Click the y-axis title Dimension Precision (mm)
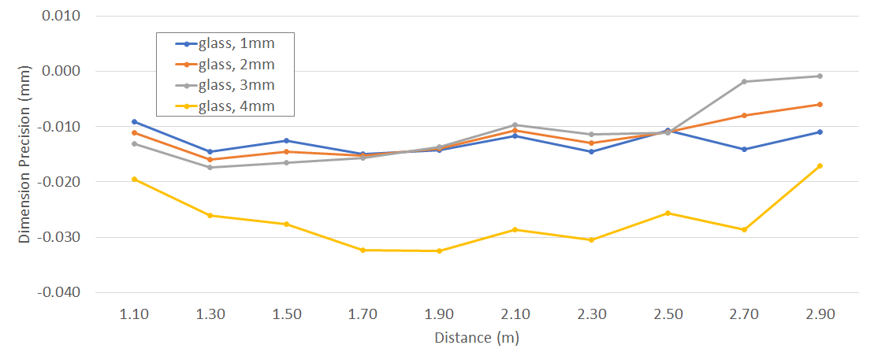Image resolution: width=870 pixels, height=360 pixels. tap(24, 154)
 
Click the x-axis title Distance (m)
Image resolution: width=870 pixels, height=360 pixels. tap(477, 338)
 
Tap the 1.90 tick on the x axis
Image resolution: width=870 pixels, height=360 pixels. tap(439, 314)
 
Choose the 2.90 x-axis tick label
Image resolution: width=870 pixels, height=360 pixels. tap(820, 314)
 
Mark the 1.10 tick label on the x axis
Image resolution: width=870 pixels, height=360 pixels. tap(134, 314)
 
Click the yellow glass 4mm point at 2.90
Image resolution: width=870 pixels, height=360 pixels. tap(820, 165)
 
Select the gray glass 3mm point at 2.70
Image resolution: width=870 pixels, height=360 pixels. tap(744, 82)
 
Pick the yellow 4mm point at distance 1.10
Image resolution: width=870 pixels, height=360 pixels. tap(134, 179)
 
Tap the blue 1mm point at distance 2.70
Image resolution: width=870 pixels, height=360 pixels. tap(744, 149)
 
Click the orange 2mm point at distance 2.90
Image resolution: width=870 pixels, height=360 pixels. tap(820, 104)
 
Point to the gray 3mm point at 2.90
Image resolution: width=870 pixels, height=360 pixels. tap(820, 76)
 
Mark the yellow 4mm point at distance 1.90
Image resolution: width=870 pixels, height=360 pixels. tap(439, 251)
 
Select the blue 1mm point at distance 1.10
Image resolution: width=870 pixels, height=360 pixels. tap(134, 121)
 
